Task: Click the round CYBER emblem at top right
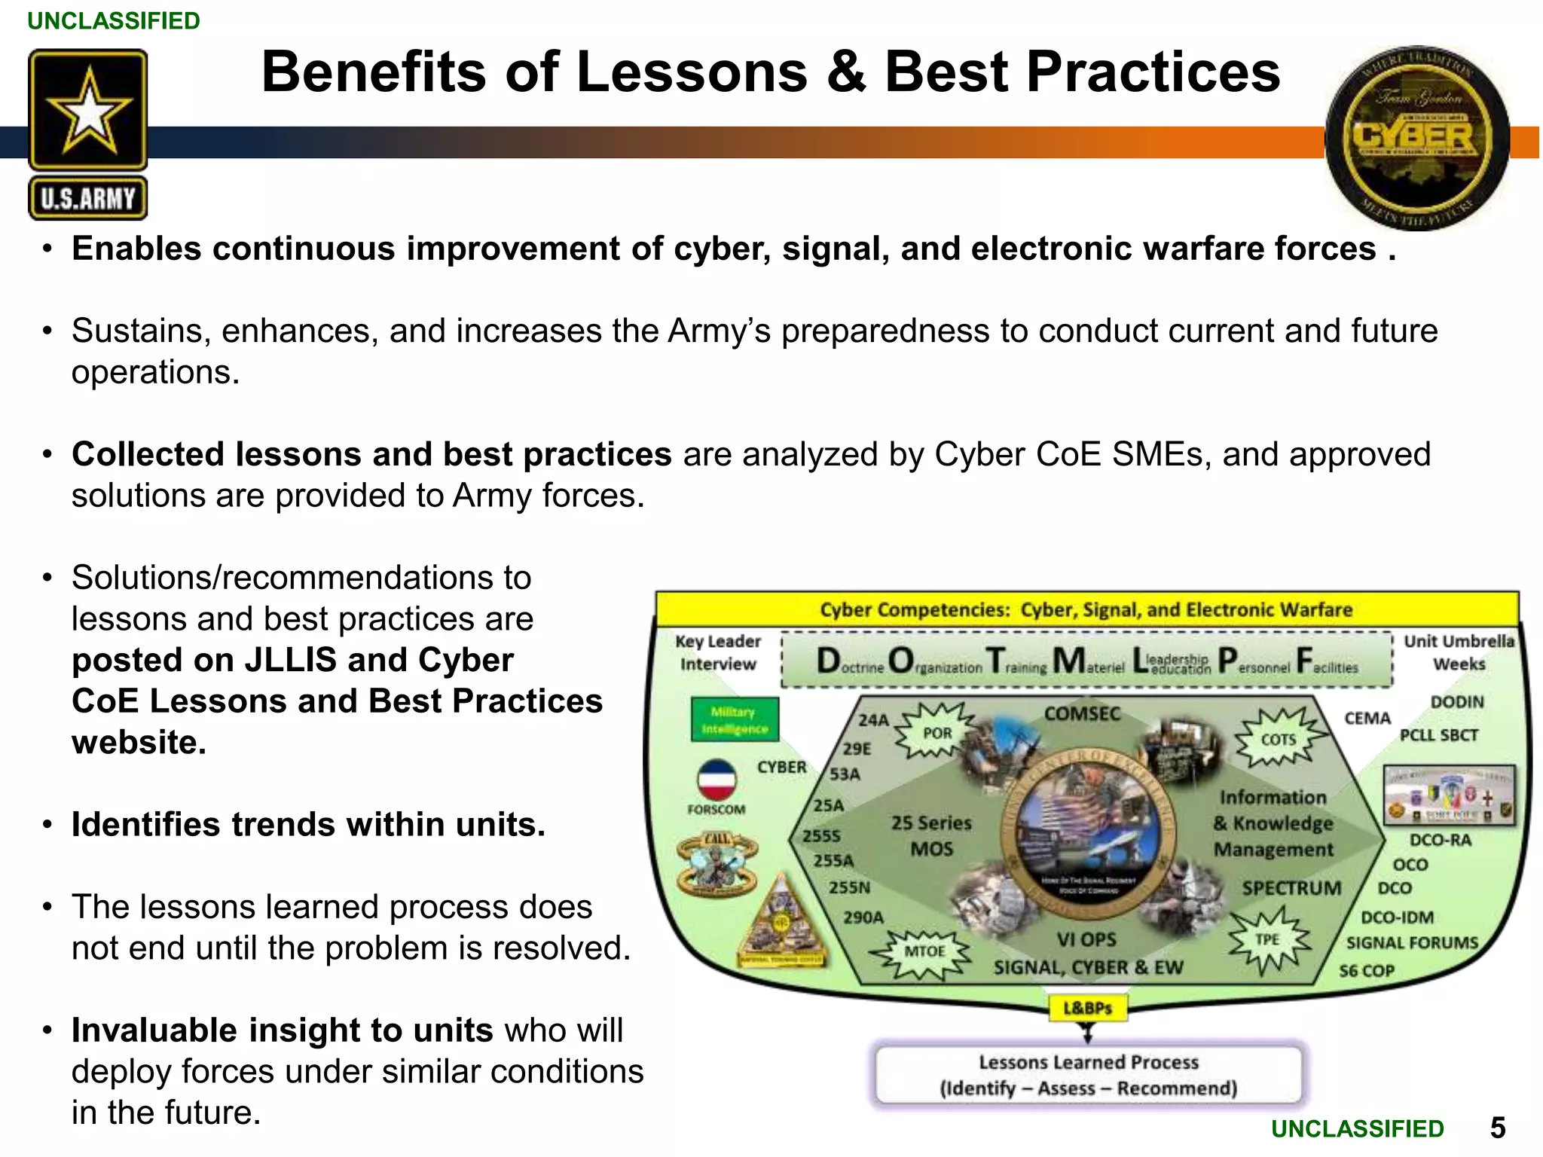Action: coord(1416,138)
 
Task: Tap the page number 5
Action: coord(1498,1128)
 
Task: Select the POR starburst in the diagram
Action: coord(936,731)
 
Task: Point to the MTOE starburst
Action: coord(924,951)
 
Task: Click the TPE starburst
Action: coord(1268,939)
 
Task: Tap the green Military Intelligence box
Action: coord(735,720)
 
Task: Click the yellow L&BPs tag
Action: coord(1088,1008)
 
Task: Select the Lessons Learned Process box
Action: coord(1088,1075)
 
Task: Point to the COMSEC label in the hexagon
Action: coord(1082,713)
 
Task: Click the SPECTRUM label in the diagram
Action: coord(1291,888)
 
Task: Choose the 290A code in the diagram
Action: coord(863,917)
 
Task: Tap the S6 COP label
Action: coord(1366,970)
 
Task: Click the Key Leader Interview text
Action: coord(717,652)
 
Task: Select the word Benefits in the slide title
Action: coord(374,72)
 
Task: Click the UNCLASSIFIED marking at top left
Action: coord(114,20)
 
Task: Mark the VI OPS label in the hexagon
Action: coord(1086,939)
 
